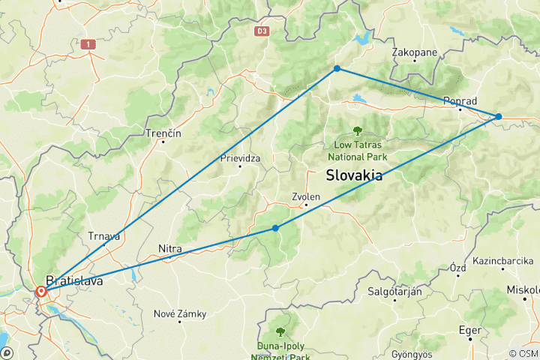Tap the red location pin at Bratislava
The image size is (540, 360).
(40, 291)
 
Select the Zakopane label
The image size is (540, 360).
(415, 52)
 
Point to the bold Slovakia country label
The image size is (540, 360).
(354, 175)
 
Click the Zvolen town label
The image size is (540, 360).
(306, 197)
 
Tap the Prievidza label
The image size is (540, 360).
(239, 158)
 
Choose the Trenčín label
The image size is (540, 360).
(164, 133)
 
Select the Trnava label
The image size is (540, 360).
(103, 236)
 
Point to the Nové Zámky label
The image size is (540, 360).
(179, 313)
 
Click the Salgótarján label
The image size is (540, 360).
(393, 291)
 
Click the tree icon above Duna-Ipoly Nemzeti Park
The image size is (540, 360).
(280, 331)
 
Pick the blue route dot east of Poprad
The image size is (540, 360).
(498, 116)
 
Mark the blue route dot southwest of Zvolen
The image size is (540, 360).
(276, 228)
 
